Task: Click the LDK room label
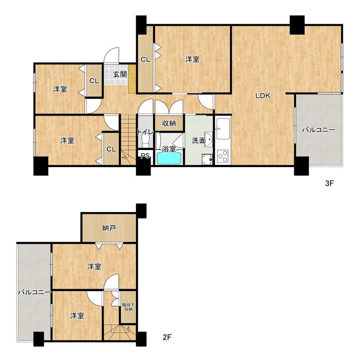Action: [x=263, y=96]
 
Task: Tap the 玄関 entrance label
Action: [x=120, y=74]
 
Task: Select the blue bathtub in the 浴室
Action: [x=169, y=159]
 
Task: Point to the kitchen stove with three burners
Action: [x=223, y=157]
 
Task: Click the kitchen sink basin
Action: [x=223, y=131]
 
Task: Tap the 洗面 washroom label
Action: [x=199, y=140]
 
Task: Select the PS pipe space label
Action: [x=145, y=156]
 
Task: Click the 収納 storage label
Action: [x=169, y=124]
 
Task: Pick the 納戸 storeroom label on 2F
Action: [x=109, y=229]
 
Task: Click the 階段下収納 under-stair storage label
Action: [x=128, y=307]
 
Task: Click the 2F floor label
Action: [x=167, y=338]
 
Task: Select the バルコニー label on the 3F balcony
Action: [x=319, y=130]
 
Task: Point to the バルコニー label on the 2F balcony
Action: [x=35, y=293]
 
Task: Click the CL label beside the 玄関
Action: [x=94, y=81]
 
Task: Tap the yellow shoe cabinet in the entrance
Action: [x=132, y=79]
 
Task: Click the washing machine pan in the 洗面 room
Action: [x=207, y=159]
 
